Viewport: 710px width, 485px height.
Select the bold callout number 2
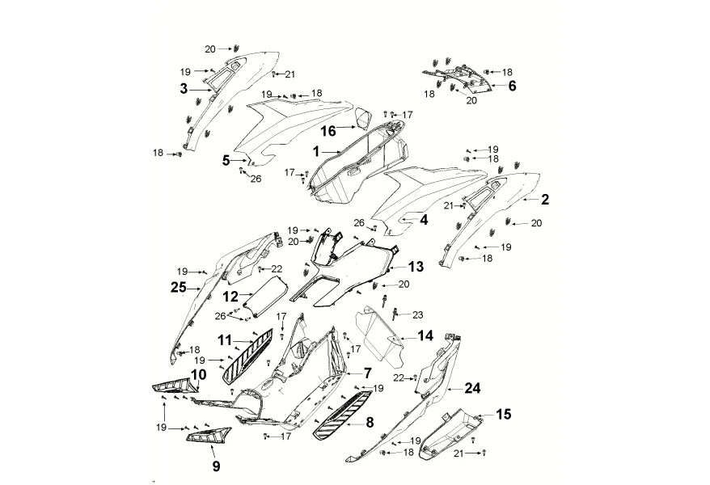(545, 199)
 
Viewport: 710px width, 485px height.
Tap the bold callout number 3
(184, 87)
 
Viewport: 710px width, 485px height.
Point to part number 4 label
(423, 218)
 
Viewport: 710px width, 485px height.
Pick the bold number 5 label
(226, 160)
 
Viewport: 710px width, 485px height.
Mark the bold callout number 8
(370, 421)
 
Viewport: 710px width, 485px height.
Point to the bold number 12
(231, 297)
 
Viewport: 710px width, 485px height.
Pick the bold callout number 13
(415, 266)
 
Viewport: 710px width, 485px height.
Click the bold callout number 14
(425, 335)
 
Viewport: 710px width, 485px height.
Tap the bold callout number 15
(503, 415)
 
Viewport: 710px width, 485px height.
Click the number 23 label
(417, 314)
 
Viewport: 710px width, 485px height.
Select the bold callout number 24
(472, 387)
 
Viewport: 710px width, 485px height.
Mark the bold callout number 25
(178, 287)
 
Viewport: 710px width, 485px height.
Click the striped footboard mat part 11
(248, 354)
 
